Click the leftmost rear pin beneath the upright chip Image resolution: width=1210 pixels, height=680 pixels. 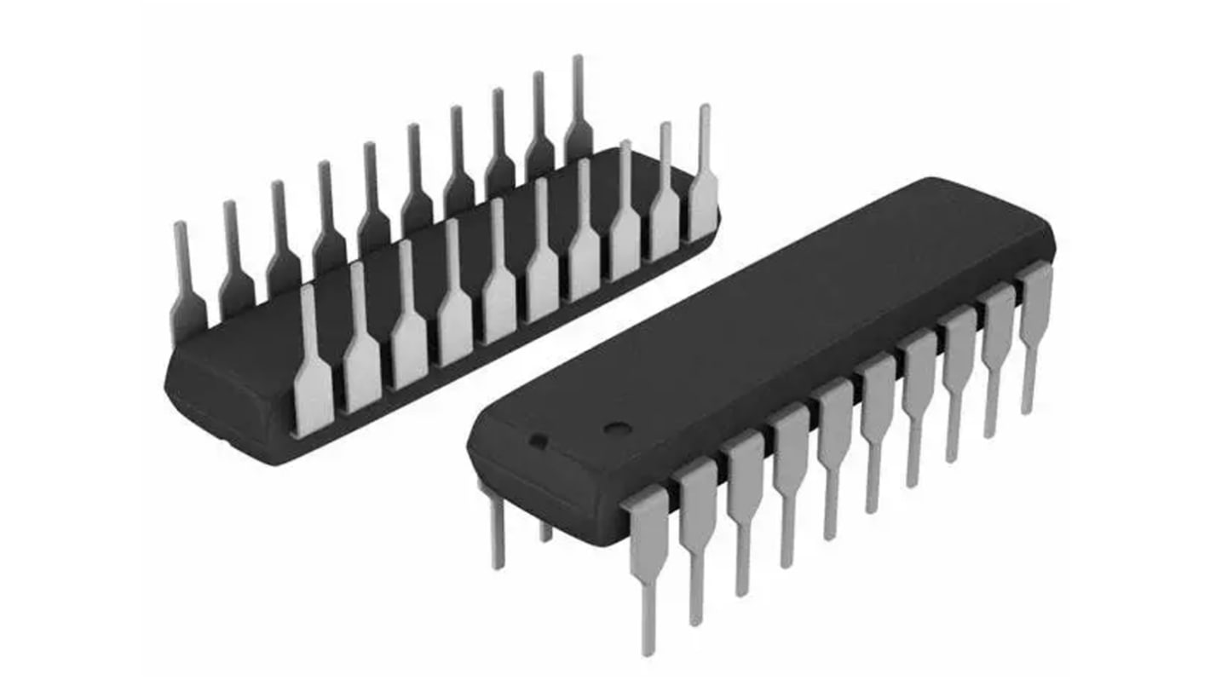[x=497, y=528]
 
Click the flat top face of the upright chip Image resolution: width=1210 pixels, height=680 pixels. [x=767, y=324]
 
